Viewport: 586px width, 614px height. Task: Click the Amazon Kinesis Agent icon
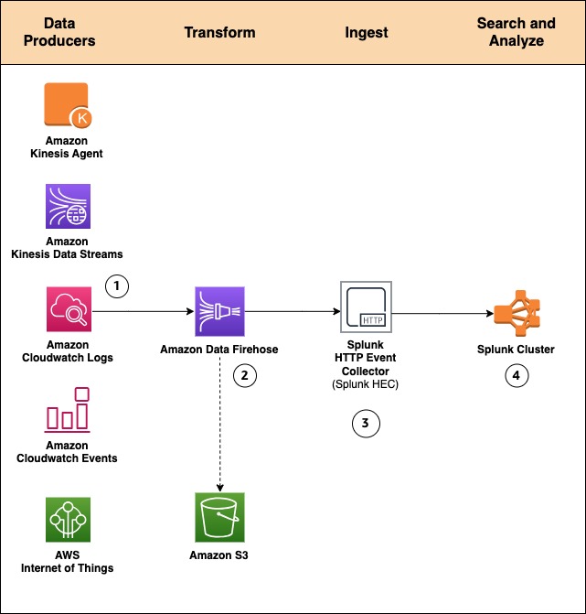67,105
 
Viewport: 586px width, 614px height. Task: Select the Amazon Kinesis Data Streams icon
67,206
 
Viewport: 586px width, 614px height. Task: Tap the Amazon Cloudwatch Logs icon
67,308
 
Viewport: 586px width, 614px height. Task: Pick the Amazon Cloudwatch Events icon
67,409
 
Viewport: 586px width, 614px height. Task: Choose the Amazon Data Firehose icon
219,311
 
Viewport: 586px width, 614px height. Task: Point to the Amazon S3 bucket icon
219,517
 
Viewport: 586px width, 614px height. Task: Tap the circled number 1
116,285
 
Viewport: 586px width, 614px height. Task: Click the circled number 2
244,375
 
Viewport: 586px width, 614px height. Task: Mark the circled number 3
366,423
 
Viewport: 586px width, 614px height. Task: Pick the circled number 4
517,375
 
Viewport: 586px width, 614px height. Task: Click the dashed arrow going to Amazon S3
219,421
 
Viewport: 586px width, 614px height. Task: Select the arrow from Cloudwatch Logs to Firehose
142,311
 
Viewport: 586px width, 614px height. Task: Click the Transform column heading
219,32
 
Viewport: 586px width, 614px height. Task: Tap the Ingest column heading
366,32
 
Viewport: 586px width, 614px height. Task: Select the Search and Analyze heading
517,32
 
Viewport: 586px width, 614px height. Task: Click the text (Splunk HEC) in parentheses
366,384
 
